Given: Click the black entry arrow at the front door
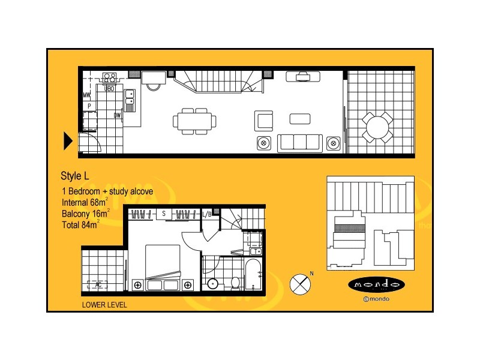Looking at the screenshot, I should coord(68,141).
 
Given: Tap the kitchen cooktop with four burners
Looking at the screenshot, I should coord(110,77).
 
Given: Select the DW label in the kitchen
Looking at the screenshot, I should coord(118,115).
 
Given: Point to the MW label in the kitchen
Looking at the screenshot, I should coord(87,95).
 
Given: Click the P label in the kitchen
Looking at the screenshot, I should coord(89,106).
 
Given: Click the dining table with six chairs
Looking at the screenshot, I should coord(195,121).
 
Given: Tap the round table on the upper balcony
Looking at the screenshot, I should coord(378,127).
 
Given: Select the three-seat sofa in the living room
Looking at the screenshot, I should coord(299,143).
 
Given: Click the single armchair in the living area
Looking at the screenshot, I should coord(265,120).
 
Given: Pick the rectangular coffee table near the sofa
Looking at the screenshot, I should coord(300,118).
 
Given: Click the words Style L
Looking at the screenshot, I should coord(75,176).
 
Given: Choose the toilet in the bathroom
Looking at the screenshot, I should coord(235,281).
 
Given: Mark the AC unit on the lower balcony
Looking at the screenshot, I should coord(94,284).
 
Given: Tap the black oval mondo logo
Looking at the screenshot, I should coord(376,284).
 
